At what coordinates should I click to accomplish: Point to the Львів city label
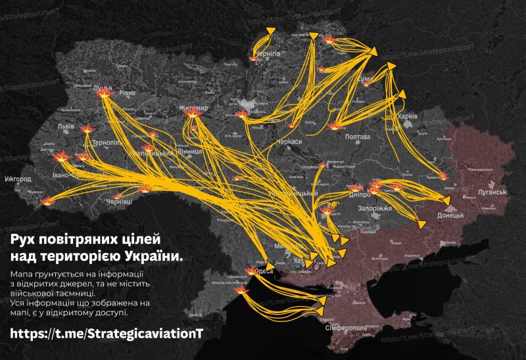pos(66,125)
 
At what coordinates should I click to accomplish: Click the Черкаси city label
pos(289,141)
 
